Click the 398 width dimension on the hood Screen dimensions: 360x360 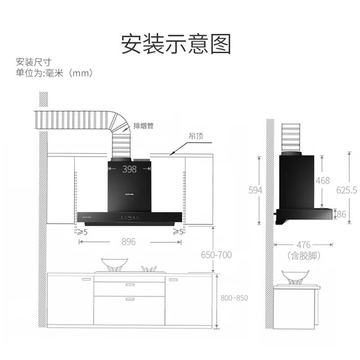tap(129, 169)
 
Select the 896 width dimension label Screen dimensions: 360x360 tap(129, 242)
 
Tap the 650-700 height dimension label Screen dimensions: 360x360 tap(216, 255)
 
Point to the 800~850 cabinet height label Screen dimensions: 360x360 tap(234, 298)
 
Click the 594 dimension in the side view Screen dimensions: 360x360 tap(255, 190)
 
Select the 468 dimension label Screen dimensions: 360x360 tap(323, 180)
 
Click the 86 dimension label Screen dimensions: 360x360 tap(342, 215)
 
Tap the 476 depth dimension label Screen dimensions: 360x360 tap(304, 245)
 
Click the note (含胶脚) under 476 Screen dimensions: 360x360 tap(303, 255)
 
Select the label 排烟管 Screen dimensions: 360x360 tap(144, 126)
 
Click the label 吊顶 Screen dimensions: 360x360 tap(197, 135)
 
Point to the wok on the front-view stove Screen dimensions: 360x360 tap(114, 264)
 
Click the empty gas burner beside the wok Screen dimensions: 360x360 tap(149, 269)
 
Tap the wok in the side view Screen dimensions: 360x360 tap(292, 276)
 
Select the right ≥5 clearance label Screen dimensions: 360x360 tap(178, 231)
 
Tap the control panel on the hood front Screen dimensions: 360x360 tap(129, 217)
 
